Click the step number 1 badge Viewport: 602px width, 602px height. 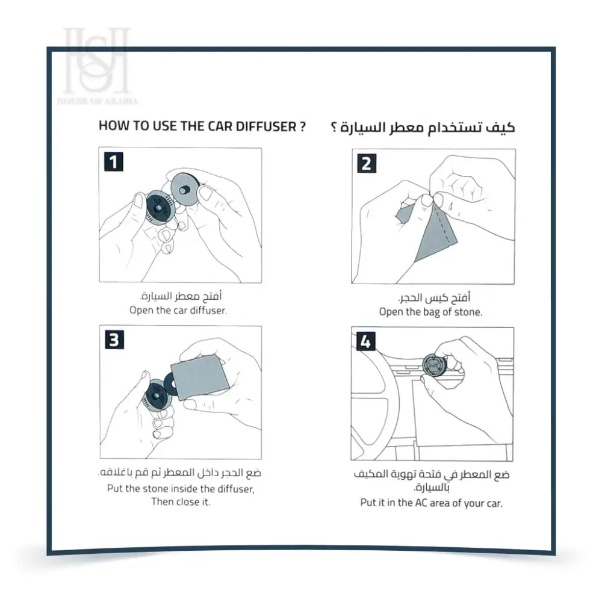coord(113,161)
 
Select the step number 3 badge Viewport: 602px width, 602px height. coord(113,340)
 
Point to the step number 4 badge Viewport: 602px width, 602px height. coord(366,341)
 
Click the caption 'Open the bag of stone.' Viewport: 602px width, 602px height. coord(430,312)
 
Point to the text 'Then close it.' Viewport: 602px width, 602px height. coord(181,501)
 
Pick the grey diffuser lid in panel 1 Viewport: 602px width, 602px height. coord(185,190)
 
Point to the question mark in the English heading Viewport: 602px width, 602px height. coord(302,126)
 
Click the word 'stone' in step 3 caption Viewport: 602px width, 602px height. coord(158,489)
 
